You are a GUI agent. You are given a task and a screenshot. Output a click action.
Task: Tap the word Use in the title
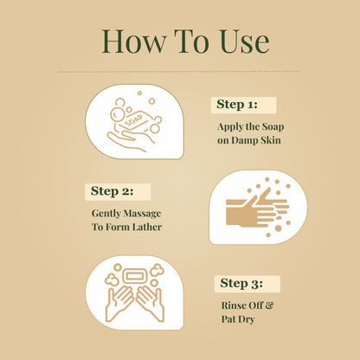238,42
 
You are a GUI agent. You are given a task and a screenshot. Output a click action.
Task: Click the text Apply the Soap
252,125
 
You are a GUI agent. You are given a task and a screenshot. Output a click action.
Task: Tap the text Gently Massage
126,213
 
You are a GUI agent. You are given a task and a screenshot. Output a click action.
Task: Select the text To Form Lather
126,227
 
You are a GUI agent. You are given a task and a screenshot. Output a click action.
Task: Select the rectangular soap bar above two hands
136,276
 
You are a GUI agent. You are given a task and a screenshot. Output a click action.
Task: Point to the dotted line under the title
179,71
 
